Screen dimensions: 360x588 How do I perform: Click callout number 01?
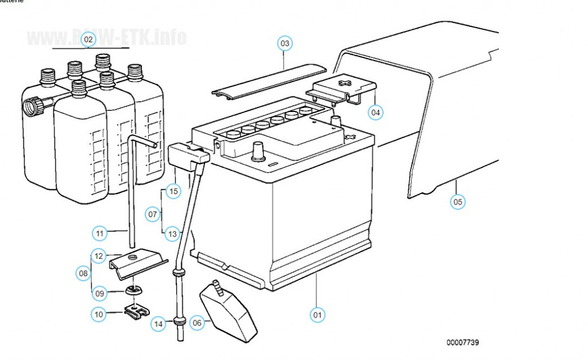click(x=318, y=315)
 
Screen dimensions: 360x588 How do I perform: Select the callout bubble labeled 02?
click(x=88, y=40)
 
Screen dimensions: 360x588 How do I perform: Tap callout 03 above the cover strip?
click(x=285, y=43)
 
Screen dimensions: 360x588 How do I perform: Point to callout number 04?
click(x=376, y=113)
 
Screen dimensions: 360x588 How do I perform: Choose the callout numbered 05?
click(x=458, y=202)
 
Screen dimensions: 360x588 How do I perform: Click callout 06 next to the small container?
click(x=197, y=323)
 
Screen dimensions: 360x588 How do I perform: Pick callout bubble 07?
click(x=153, y=215)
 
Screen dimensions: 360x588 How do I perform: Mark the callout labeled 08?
click(x=83, y=273)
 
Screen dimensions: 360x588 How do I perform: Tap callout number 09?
click(x=100, y=293)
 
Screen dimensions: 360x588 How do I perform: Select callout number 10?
click(x=99, y=314)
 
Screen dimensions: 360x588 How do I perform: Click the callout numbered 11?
click(x=100, y=233)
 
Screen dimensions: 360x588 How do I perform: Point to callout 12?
click(x=99, y=256)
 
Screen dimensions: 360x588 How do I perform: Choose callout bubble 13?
click(x=172, y=234)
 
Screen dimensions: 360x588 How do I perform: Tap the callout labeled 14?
click(x=159, y=324)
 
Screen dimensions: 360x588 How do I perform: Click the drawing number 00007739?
click(x=463, y=342)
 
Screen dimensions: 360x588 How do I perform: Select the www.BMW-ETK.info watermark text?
click(x=106, y=38)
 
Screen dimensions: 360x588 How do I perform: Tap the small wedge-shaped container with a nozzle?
click(x=228, y=313)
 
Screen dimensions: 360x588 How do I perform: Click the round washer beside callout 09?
click(x=133, y=288)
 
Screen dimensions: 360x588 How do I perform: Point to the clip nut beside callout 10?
click(x=137, y=311)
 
